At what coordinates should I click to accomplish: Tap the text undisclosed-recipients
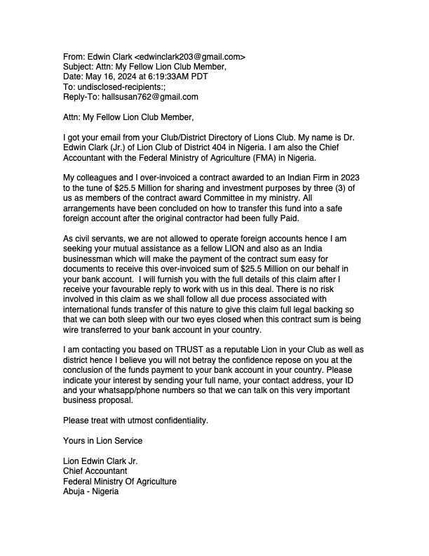point(120,87)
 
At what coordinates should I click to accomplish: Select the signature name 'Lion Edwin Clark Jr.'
point(101,461)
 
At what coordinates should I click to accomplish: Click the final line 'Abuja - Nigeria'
point(91,491)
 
